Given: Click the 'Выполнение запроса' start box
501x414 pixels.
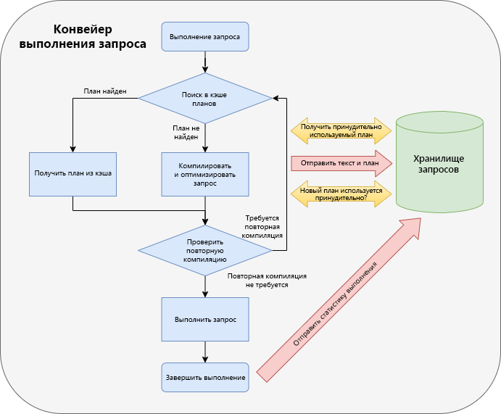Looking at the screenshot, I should coord(205,36).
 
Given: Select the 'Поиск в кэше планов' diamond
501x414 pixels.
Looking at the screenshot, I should coord(205,99).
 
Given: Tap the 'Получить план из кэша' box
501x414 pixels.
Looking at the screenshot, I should coord(73,174).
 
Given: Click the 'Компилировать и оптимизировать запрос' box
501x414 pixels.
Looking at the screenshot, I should coord(205,174).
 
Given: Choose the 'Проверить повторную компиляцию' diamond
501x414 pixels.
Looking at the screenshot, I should coord(205,250).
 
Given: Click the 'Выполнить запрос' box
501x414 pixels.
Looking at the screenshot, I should coord(205,319).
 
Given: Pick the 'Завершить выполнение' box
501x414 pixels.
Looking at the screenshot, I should coord(205,377).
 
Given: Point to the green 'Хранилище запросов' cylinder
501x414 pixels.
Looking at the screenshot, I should coord(439,163).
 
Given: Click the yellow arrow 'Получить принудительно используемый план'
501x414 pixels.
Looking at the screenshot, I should coord(341,130).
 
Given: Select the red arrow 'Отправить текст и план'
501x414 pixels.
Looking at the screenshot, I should coord(341,163).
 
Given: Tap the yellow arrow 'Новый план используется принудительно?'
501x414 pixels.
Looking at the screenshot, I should coord(341,194).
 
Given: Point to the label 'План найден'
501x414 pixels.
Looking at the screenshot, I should coord(105,91).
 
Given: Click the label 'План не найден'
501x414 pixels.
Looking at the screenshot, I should coord(185,131).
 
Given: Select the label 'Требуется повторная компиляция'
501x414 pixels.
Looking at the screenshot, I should coord(262,226).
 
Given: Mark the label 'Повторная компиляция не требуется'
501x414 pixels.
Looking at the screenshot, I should coord(267,281).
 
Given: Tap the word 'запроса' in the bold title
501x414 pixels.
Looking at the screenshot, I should coord(122,44).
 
